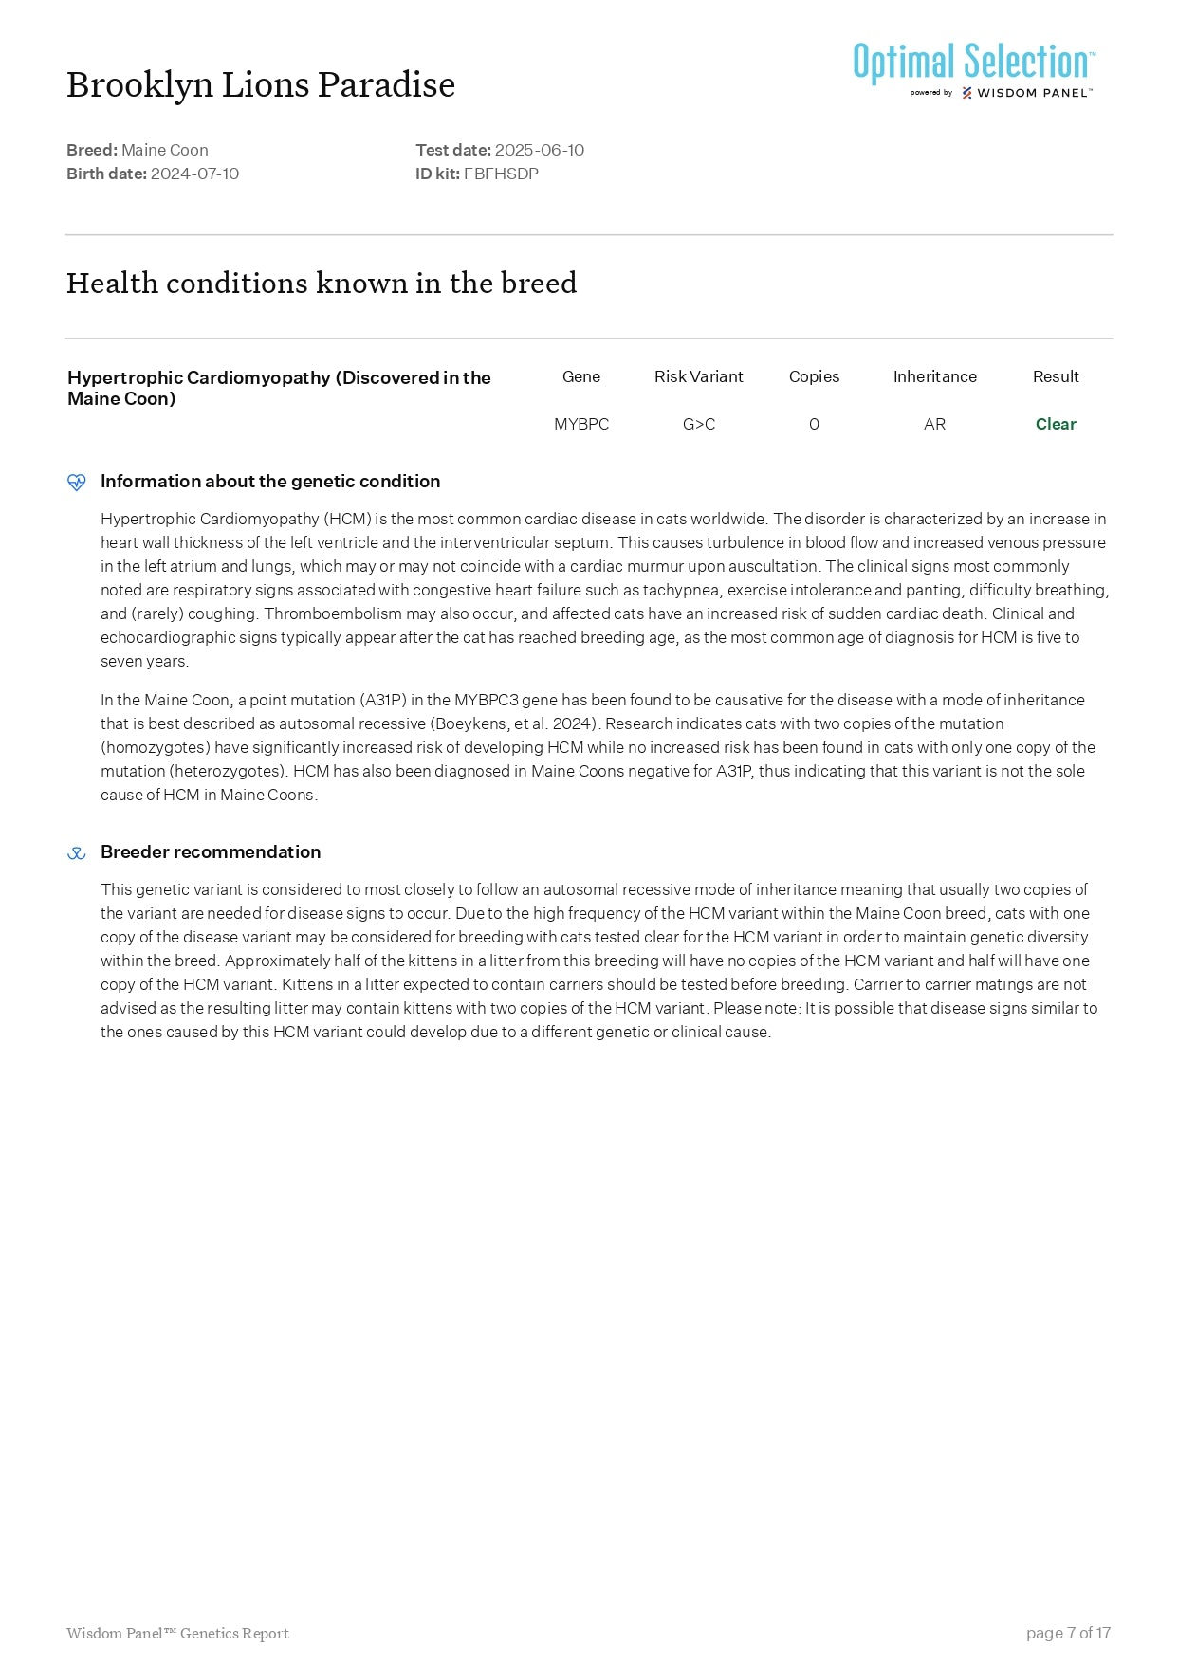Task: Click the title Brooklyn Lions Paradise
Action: tap(261, 85)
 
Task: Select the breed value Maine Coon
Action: tap(165, 150)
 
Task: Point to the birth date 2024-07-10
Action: tap(194, 174)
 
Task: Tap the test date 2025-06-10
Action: tap(539, 150)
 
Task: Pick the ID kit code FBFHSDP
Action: tap(501, 174)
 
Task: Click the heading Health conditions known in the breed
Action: tap(322, 283)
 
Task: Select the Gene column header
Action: tap(581, 376)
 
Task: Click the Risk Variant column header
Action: tap(699, 376)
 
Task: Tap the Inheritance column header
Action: tap(934, 376)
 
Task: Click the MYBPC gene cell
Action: tap(581, 424)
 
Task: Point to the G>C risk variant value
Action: tap(699, 424)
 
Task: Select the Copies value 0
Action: tap(814, 424)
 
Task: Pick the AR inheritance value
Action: tap(934, 424)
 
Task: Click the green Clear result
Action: tap(1056, 424)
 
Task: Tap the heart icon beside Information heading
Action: tap(77, 483)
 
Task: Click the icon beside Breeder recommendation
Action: tap(77, 853)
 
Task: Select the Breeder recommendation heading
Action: tap(211, 851)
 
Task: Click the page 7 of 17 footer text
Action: tap(1068, 1633)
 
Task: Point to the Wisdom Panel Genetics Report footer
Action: tap(177, 1633)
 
